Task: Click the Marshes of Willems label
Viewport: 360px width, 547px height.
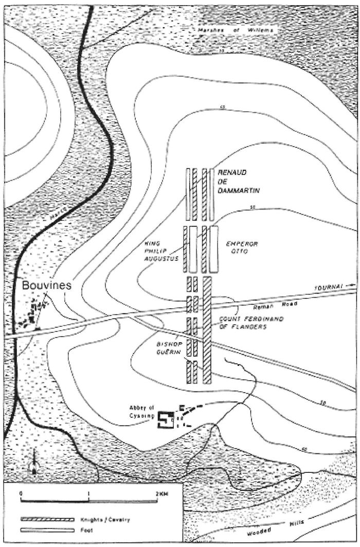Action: coord(237,31)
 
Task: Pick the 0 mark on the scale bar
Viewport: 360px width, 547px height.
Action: coord(22,494)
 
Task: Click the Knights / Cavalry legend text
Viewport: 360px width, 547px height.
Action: coord(112,520)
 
